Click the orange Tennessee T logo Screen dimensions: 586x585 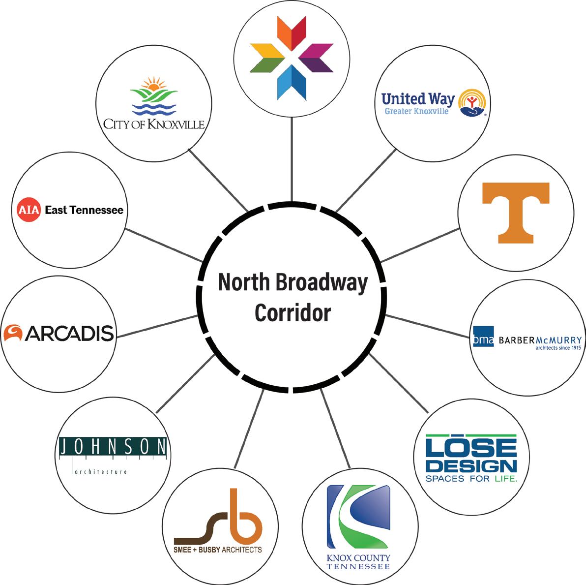pos(515,212)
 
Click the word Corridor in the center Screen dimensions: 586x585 pos(293,312)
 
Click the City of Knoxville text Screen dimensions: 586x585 pos(154,123)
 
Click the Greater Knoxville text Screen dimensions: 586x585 pos(416,112)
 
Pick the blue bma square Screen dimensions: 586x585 pos(483,337)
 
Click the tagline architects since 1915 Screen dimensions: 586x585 pos(558,348)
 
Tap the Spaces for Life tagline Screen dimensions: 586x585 pos(471,478)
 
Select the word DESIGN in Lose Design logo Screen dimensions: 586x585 pos(471,465)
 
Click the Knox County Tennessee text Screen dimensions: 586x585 pos(358,562)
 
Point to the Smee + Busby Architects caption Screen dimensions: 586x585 pos(218,549)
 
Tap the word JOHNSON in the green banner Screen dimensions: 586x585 pos(113,447)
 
